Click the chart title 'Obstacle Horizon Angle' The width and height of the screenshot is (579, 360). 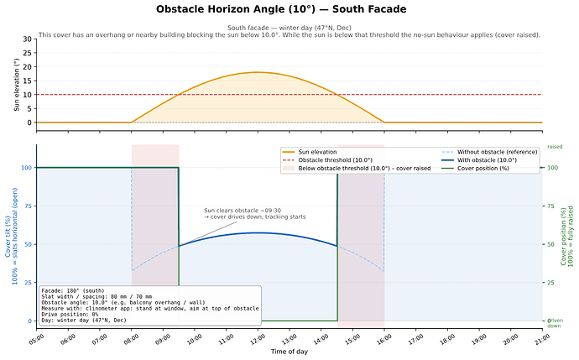pyautogui.click(x=235, y=9)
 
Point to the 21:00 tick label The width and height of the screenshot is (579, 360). pyautogui.click(x=541, y=339)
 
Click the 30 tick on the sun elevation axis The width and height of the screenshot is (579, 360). pyautogui.click(x=28, y=39)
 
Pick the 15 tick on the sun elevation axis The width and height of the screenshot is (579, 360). pyautogui.click(x=28, y=81)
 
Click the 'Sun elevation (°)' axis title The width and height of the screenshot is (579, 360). pyautogui.click(x=17, y=85)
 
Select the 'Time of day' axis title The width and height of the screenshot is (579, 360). pyautogui.click(x=289, y=352)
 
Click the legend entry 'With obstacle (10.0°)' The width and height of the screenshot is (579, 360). pyautogui.click(x=487, y=160)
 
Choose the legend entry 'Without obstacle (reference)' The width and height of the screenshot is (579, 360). pyautogui.click(x=497, y=152)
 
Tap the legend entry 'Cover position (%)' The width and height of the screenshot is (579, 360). pyautogui.click(x=483, y=169)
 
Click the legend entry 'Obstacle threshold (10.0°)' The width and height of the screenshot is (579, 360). pyautogui.click(x=335, y=160)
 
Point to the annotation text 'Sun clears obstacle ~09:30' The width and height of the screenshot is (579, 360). pyautogui.click(x=243, y=211)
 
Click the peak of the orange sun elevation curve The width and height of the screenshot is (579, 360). pyautogui.click(x=257, y=72)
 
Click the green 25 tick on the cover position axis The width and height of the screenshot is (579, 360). pyautogui.click(x=550, y=283)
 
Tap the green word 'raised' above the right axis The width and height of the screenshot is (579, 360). pyautogui.click(x=555, y=147)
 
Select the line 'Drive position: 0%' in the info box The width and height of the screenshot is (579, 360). pyautogui.click(x=70, y=314)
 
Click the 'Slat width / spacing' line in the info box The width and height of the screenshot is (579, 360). pyautogui.click(x=96, y=296)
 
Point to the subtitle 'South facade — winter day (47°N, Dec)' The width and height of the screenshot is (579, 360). pyautogui.click(x=289, y=28)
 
